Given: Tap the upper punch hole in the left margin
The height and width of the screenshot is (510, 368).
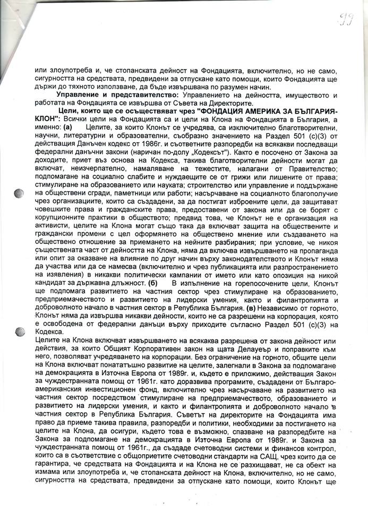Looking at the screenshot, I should click(x=19, y=193).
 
